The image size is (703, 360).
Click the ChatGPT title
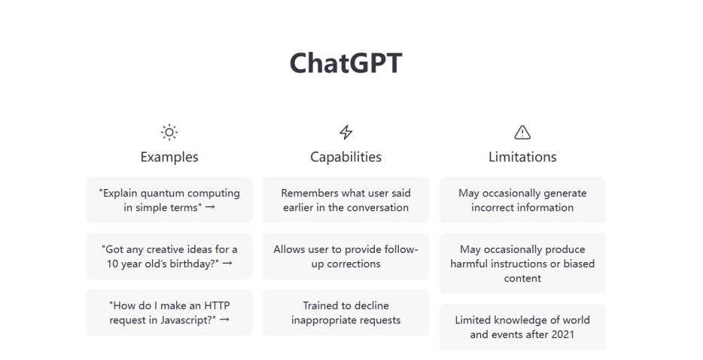coord(345,63)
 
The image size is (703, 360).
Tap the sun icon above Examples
coord(169,133)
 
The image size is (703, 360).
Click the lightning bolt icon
coord(345,132)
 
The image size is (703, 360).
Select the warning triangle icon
coord(522,133)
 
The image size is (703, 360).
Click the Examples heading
coord(169,157)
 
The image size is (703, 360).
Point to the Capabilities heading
coord(345,157)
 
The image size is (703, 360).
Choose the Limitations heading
coord(522,157)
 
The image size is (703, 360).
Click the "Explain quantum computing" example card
coord(169,200)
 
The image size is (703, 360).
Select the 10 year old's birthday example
coord(169,256)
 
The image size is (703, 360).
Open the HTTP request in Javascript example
coord(169,313)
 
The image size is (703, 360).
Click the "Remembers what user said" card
coord(345,200)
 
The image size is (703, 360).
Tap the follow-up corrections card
coord(345,256)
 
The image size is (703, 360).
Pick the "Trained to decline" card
coord(345,313)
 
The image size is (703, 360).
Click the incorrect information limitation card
coord(522,200)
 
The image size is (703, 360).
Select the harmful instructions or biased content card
coord(522,264)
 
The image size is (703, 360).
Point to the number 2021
coord(562,334)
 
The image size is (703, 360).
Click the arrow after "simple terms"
coord(210,207)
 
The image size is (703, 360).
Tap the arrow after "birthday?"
coord(227,264)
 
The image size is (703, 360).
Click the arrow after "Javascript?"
coord(224,319)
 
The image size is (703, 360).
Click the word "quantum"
coord(162,194)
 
